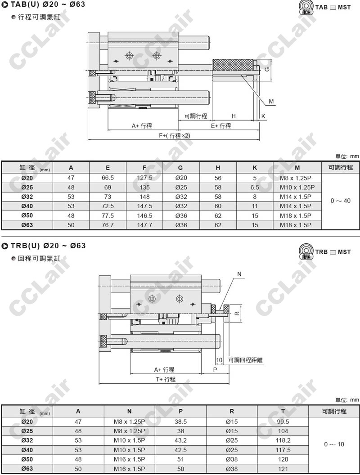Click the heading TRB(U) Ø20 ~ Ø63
pyautogui.click(x=48, y=246)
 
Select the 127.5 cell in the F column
pyautogui.click(x=144, y=178)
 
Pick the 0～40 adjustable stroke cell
pyautogui.click(x=341, y=201)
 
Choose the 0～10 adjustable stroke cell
pyautogui.click(x=334, y=444)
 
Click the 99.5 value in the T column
pyautogui.click(x=283, y=421)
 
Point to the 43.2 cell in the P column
pyautogui.click(x=180, y=440)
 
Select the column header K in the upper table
pyautogui.click(x=255, y=167)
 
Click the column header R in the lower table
pyautogui.click(x=232, y=411)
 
